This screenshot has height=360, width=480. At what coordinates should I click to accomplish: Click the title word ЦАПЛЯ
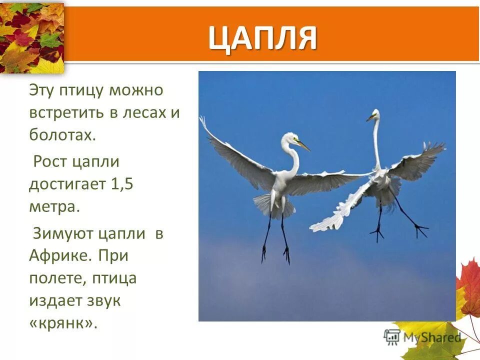pos(262,38)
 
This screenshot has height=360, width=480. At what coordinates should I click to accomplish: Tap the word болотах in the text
pos(61,135)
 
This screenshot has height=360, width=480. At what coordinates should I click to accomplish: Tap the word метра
pos(54,206)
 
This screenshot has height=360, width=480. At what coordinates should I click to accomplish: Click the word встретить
pos(66,113)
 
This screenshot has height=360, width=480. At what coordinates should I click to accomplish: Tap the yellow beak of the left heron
pos(303,145)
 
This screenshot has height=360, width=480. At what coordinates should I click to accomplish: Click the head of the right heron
pos(374,114)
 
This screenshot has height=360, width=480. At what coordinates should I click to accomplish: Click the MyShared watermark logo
pos(423,336)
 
